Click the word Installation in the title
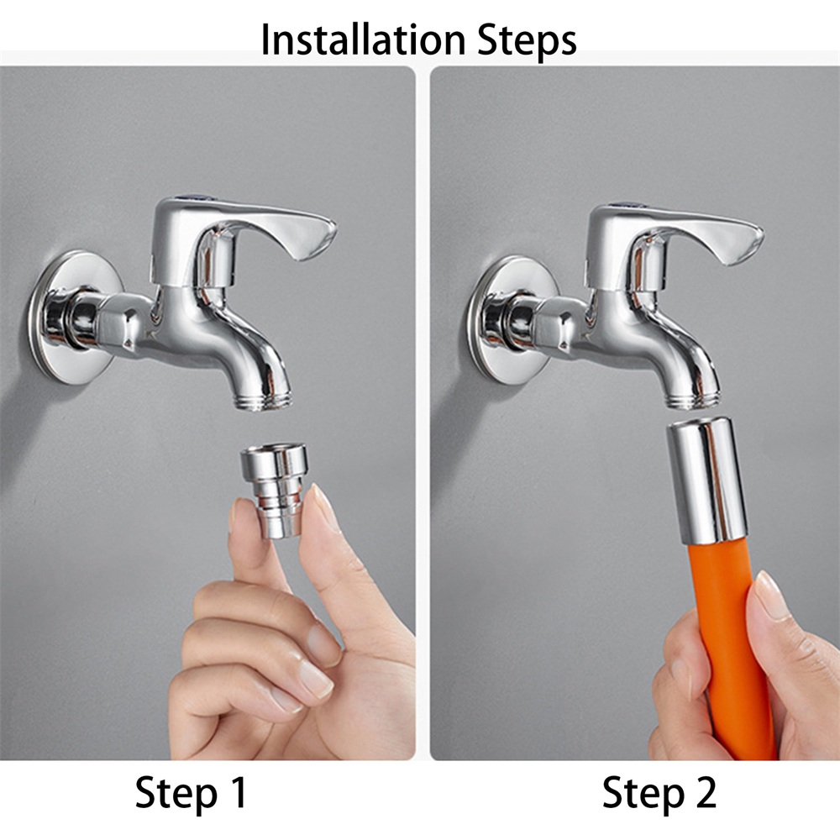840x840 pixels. [x=363, y=39]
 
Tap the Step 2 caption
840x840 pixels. [x=659, y=792]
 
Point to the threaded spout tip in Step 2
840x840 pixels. [x=694, y=398]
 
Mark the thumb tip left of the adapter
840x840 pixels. [x=240, y=516]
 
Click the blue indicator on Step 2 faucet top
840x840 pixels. [x=623, y=205]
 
